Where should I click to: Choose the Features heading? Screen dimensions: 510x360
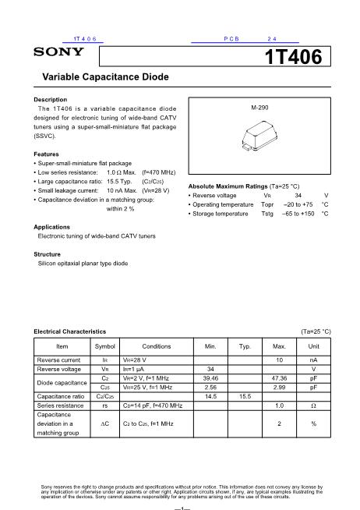(47, 154)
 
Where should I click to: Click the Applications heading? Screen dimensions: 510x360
(52, 225)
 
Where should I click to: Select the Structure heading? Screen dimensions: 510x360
(48, 254)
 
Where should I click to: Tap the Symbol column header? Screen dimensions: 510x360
(104, 345)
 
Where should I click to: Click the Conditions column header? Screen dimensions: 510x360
(156, 345)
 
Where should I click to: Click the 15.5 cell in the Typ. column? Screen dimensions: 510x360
(245, 396)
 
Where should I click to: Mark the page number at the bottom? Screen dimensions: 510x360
(180, 504)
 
